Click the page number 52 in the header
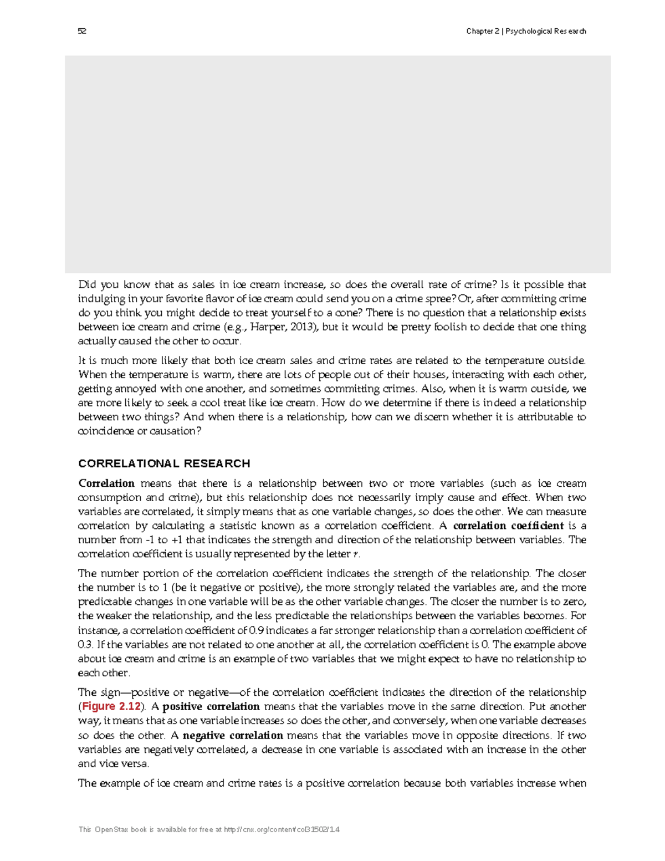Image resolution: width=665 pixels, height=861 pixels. [x=82, y=31]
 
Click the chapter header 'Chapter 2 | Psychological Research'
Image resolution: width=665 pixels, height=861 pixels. [x=526, y=31]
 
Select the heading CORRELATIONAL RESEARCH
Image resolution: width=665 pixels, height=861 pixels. [x=164, y=463]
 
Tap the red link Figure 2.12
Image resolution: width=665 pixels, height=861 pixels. [x=111, y=707]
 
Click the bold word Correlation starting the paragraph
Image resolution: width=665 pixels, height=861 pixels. [x=106, y=483]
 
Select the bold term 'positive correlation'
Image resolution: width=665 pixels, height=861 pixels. [x=211, y=707]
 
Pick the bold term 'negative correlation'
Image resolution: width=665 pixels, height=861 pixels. [x=233, y=736]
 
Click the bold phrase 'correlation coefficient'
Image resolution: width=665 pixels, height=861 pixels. [x=508, y=526]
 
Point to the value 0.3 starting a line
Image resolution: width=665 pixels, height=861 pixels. [x=85, y=645]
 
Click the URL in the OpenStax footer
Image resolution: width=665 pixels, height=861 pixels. [x=282, y=830]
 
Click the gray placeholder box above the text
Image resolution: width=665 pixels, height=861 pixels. [x=337, y=164]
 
